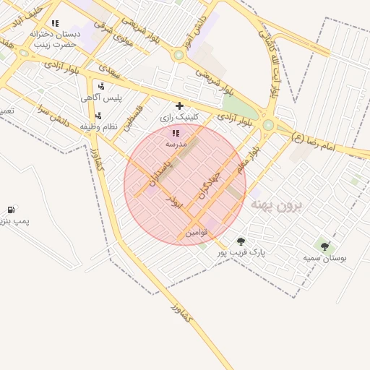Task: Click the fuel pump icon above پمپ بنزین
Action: [x=11, y=210]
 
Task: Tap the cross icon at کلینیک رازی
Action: [x=179, y=106]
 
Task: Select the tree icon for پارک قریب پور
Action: [x=241, y=241]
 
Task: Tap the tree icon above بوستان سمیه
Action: [x=324, y=246]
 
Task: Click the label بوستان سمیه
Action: [x=324, y=257]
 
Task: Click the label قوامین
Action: [x=196, y=232]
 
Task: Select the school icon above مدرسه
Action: [x=176, y=133]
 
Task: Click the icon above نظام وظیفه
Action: [x=98, y=116]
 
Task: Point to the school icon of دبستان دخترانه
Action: [x=55, y=23]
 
